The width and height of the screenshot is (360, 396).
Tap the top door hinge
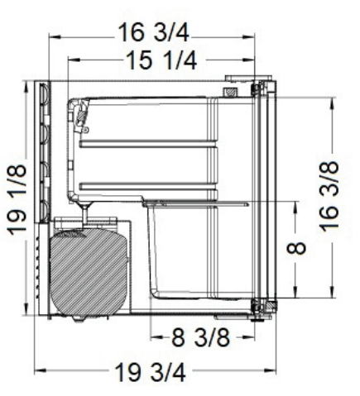coord(258,87)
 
